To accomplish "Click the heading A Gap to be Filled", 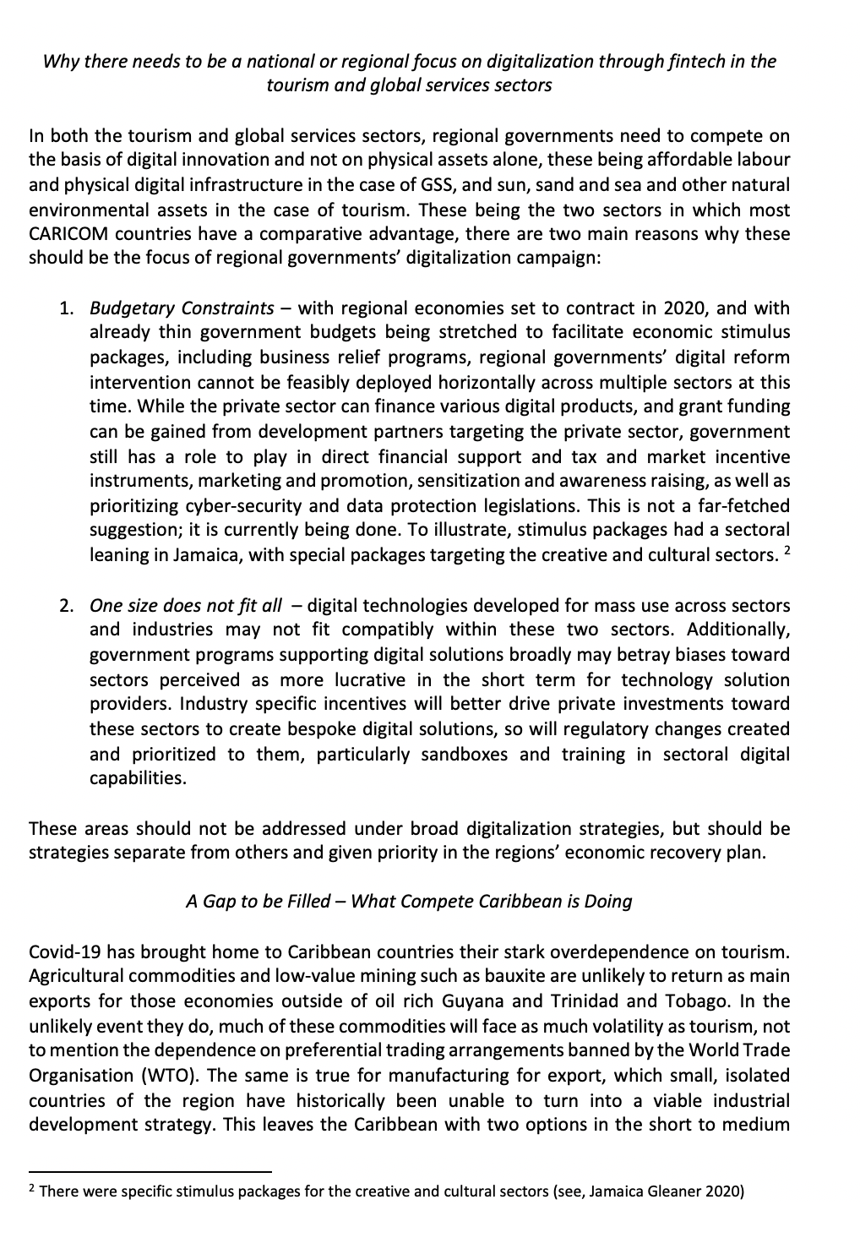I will click(258, 901).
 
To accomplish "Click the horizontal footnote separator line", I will click(150, 1172).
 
